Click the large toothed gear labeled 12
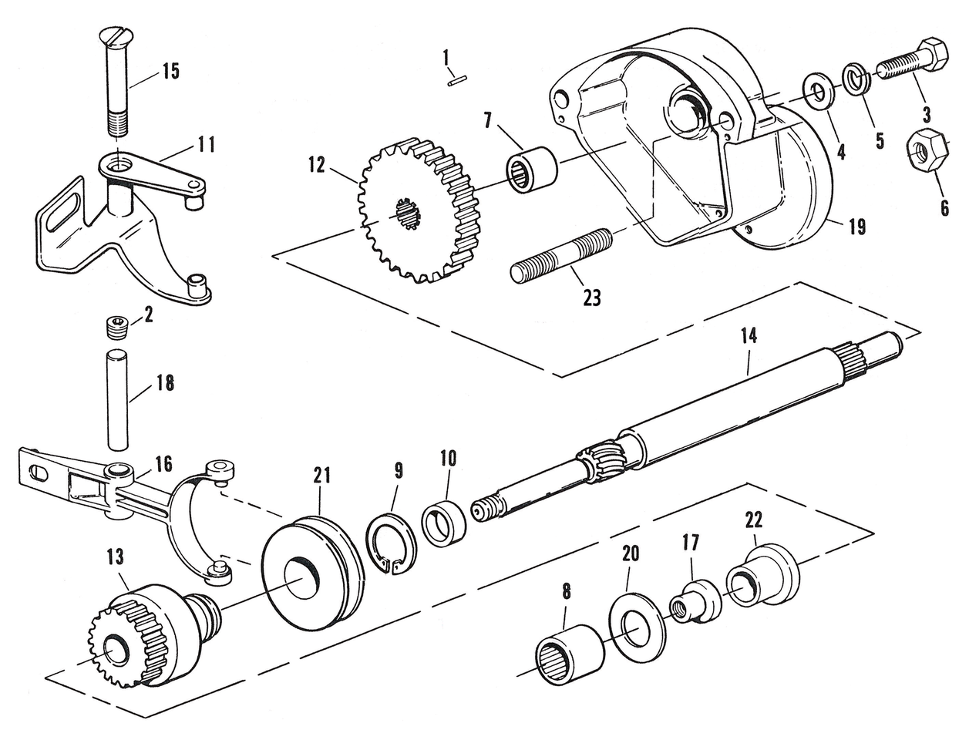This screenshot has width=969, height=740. pos(416,207)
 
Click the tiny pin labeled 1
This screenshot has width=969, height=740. pos(456,79)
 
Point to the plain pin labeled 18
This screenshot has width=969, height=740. pos(116,399)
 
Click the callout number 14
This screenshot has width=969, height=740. pos(749,335)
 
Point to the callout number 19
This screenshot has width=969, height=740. pos(856,227)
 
